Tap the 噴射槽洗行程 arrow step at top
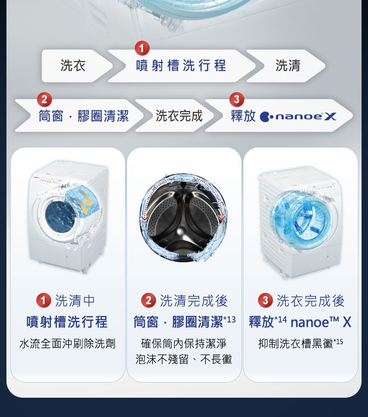[x=181, y=66]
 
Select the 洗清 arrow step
[x=287, y=66]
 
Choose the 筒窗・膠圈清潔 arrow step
[x=83, y=116]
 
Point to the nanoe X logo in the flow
[x=298, y=117]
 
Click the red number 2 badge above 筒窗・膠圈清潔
[x=44, y=99]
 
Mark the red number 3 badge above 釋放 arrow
[x=236, y=99]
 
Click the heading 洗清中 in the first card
[x=75, y=301]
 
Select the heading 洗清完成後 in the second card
[x=193, y=301]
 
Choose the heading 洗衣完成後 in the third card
[x=310, y=301]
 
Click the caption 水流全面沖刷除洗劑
[x=67, y=344]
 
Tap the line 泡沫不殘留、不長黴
[x=184, y=360]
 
